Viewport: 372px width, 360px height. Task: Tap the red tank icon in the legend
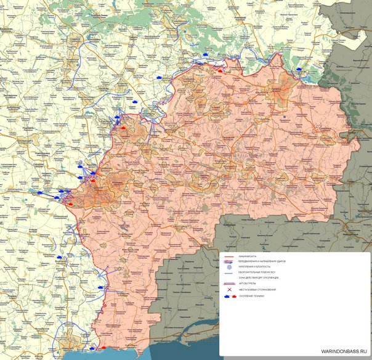pos(234,297)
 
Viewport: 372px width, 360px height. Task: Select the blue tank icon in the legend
pos(226,297)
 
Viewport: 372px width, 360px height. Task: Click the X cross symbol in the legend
pos(230,290)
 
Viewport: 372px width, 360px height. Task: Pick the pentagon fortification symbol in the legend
pos(230,267)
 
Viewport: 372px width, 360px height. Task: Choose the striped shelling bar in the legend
pos(230,284)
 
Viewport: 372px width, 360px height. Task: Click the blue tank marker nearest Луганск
pos(299,69)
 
